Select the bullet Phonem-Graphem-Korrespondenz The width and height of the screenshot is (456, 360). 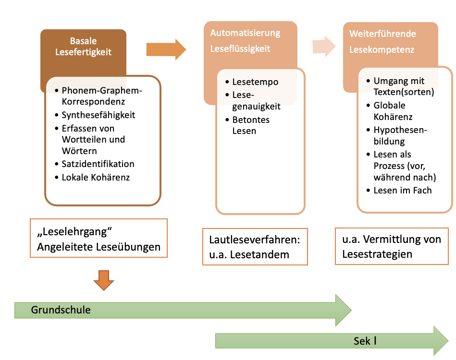pyautogui.click(x=102, y=96)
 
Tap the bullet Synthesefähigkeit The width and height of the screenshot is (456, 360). pyautogui.click(x=98, y=115)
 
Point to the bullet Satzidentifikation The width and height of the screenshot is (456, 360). pyautogui.click(x=98, y=164)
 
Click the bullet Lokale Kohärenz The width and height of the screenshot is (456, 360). pyautogui.click(x=96, y=177)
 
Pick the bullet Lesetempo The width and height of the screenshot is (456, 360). pyautogui.click(x=255, y=82)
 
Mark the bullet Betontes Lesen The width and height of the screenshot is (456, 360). pyautogui.click(x=250, y=124)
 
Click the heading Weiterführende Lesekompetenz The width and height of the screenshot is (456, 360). pyautogui.click(x=382, y=42)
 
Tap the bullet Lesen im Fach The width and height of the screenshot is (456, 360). pyautogui.click(x=402, y=190)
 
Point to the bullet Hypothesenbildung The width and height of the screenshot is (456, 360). pyautogui.click(x=400, y=135)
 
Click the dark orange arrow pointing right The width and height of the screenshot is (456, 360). pyautogui.click(x=166, y=48)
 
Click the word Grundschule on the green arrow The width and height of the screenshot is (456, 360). pyautogui.click(x=61, y=310)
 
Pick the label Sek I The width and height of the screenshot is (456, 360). pyautogui.click(x=365, y=341)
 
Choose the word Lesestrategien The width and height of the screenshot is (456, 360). pyautogui.click(x=377, y=254)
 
